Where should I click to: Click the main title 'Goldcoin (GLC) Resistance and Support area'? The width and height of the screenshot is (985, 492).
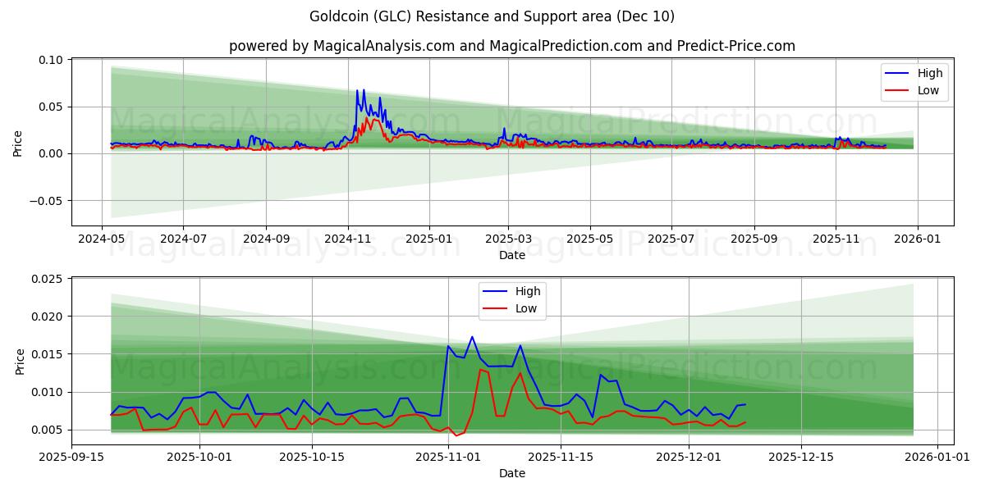click(492, 16)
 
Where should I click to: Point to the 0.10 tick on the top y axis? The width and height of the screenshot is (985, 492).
click(51, 60)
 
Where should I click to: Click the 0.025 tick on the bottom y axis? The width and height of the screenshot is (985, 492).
click(48, 279)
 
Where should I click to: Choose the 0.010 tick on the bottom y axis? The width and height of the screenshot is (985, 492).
click(48, 392)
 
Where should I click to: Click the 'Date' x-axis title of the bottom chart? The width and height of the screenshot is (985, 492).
click(511, 473)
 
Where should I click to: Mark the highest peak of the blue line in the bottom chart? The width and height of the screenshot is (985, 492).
click(472, 337)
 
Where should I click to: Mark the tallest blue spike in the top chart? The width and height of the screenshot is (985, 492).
click(357, 90)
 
